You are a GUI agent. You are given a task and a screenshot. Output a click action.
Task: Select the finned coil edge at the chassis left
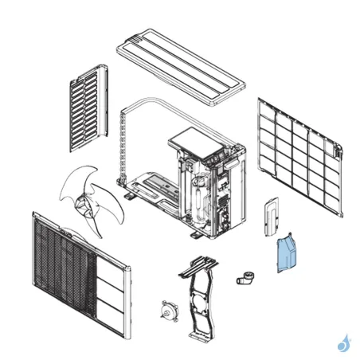tap(124, 147)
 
